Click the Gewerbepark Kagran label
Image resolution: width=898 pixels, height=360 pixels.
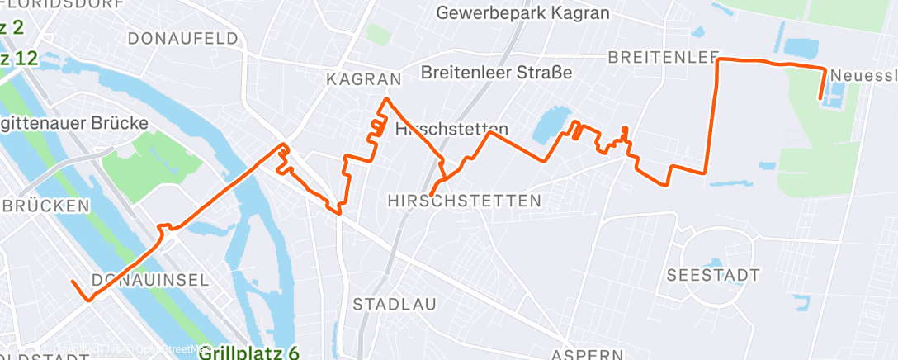click(x=522, y=13)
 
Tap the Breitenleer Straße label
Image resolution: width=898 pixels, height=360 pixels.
click(x=496, y=73)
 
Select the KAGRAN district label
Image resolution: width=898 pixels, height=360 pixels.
click(x=363, y=79)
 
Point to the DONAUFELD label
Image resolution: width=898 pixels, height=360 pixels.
click(x=183, y=38)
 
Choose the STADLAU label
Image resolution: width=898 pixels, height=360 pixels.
click(x=395, y=304)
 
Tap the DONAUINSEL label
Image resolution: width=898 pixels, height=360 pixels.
click(x=151, y=279)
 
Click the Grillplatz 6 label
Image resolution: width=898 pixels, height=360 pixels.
click(x=249, y=353)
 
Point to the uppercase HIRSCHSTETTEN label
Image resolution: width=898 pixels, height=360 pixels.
click(x=465, y=201)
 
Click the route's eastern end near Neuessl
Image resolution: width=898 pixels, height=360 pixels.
click(x=820, y=99)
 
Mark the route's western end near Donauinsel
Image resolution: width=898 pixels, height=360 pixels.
click(x=73, y=282)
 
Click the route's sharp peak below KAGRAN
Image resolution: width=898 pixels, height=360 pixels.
click(x=385, y=100)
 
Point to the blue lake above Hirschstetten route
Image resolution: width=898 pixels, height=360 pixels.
click(x=547, y=126)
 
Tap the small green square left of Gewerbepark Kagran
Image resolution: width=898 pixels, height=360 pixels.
click(x=378, y=35)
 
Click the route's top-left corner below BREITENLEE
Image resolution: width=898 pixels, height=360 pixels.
click(x=716, y=60)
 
